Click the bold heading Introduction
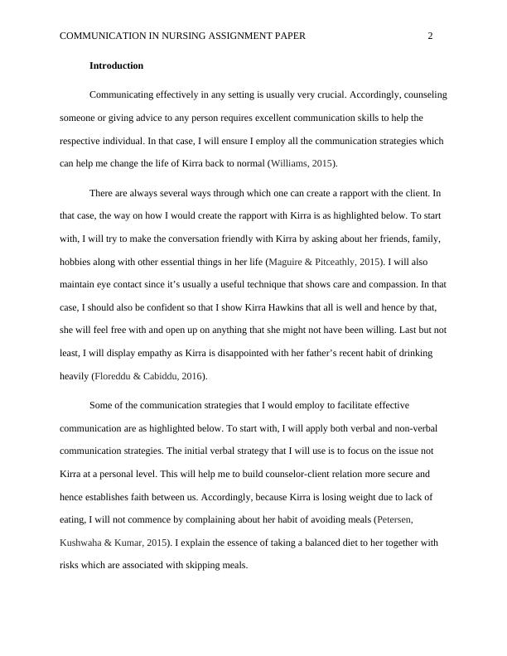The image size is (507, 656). (116, 65)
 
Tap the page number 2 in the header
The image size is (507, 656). (431, 36)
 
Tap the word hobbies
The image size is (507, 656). (75, 262)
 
